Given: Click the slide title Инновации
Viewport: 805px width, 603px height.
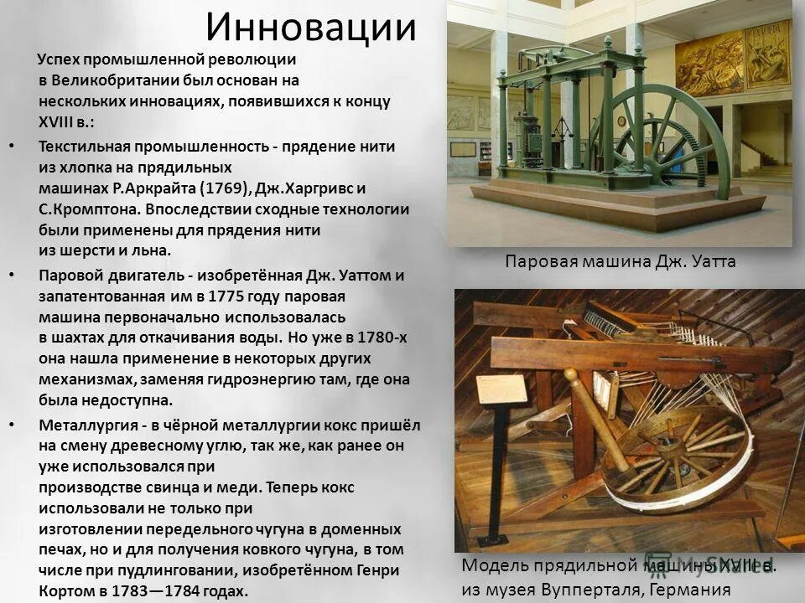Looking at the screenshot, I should tap(311, 27).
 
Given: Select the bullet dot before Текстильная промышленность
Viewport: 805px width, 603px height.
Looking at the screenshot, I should tap(11, 146).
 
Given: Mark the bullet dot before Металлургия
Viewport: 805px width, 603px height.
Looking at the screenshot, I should tap(11, 425).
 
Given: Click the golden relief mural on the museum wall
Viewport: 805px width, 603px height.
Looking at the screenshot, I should tap(709, 64).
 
